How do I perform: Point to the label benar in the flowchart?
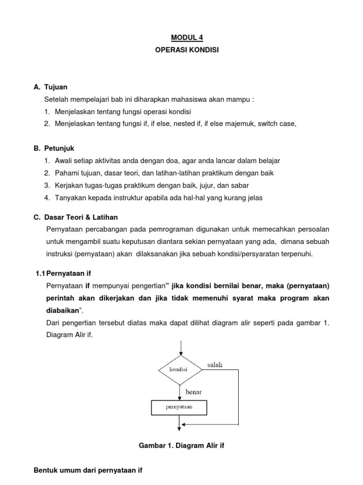[194, 392]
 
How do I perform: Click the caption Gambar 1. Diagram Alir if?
[181, 446]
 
